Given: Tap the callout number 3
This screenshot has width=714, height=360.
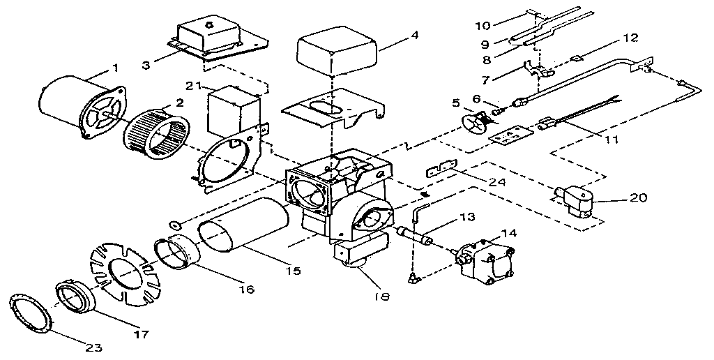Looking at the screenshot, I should (x=146, y=65).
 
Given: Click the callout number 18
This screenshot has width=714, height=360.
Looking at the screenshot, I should (x=381, y=296).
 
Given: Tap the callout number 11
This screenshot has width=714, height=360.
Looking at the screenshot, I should (x=611, y=140).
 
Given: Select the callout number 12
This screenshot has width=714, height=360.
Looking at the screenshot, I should (x=630, y=37).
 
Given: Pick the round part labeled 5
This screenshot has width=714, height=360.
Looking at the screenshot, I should (x=474, y=126).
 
